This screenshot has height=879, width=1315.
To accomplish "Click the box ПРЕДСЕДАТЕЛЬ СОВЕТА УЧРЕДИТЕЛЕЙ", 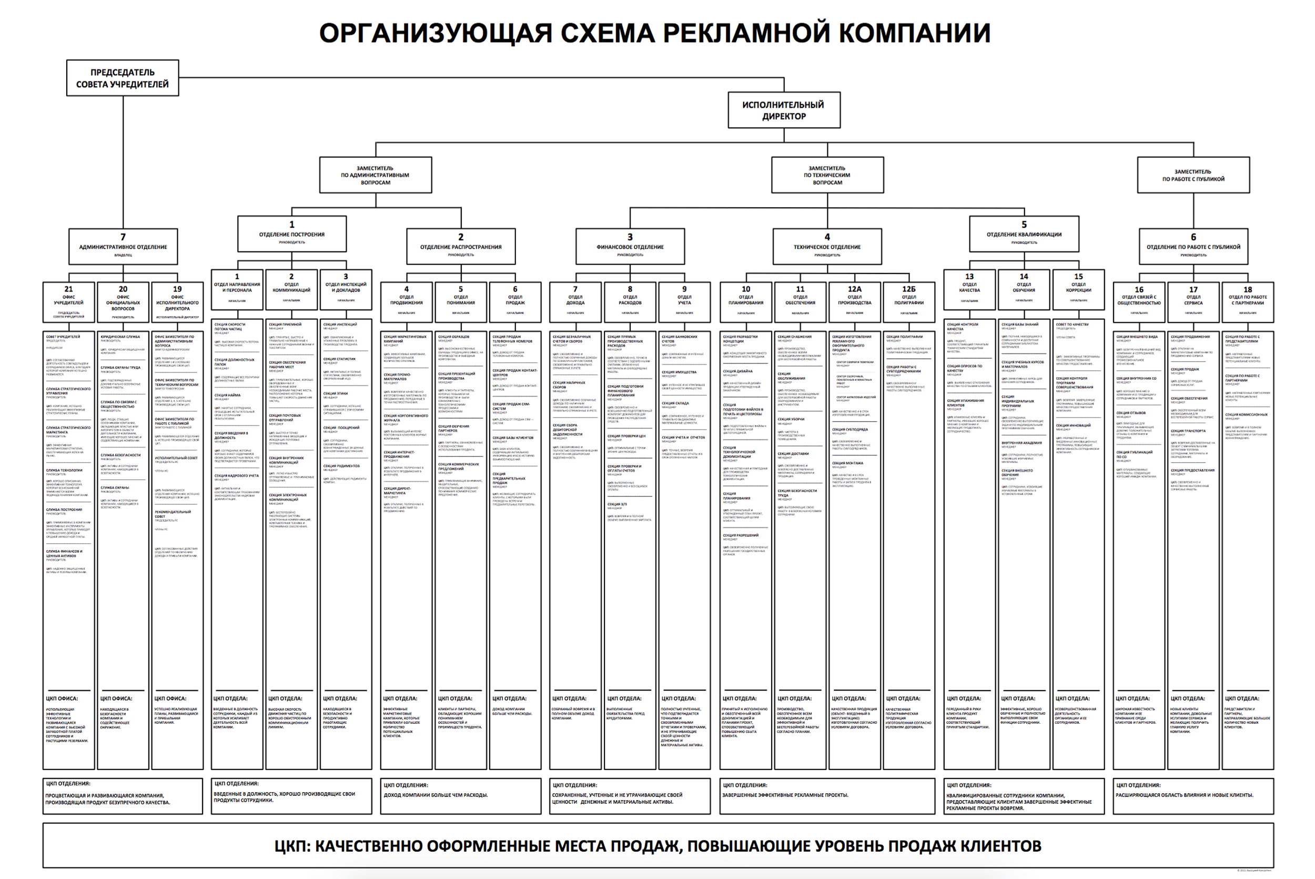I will coord(122,78).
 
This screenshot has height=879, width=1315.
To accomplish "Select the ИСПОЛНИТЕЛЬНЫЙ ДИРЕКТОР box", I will coord(784,110).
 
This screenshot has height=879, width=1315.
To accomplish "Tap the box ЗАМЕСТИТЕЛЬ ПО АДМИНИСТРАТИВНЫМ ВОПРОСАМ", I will coord(375,175).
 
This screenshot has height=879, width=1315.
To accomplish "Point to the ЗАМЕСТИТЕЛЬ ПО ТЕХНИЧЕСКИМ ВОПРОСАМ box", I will coord(827,175).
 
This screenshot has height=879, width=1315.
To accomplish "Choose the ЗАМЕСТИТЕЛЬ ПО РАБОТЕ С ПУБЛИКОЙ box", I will coord(1193,175).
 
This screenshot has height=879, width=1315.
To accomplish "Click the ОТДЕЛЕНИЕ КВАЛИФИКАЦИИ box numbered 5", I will coord(1024,233).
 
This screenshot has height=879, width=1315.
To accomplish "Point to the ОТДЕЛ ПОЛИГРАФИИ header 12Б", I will coord(908,301).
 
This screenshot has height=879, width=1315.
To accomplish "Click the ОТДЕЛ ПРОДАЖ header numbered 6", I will coord(515,301).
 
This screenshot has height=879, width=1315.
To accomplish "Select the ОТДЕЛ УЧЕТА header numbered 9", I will coord(684,301).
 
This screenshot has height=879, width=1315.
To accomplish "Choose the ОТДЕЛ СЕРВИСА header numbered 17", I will coord(1193,301).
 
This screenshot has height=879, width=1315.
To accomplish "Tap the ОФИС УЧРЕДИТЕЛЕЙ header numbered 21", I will coord(68,301).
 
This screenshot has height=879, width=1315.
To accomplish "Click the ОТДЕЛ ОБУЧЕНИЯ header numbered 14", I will coord(1024,289).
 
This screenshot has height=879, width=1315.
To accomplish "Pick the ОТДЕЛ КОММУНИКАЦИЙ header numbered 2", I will coord(291,289).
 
